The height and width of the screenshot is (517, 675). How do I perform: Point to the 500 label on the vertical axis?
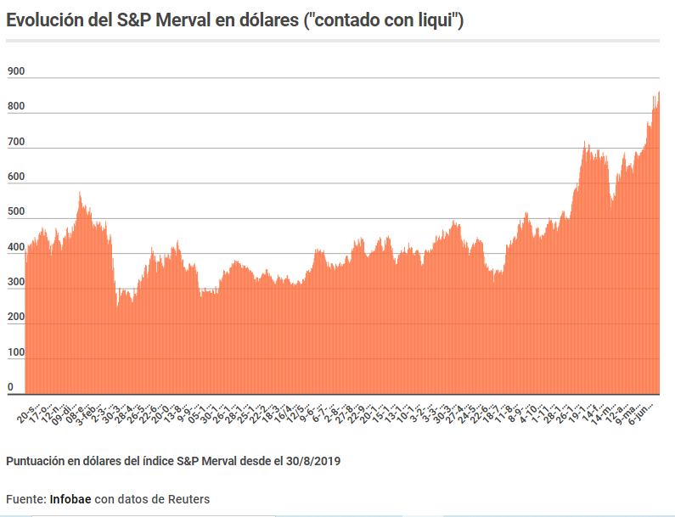[15, 212]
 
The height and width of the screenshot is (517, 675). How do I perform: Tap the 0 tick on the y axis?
[11, 387]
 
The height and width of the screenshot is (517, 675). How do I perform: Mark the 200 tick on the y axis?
[15, 317]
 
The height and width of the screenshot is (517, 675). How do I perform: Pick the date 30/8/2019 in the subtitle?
[312, 460]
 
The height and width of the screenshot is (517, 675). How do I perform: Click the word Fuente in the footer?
[25, 498]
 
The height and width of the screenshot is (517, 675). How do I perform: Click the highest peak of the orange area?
[659, 92]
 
